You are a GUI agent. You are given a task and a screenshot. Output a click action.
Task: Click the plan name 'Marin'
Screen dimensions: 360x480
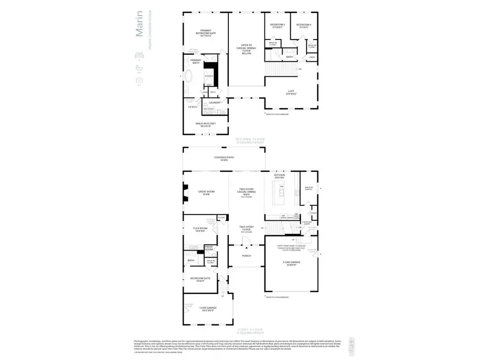[139, 23]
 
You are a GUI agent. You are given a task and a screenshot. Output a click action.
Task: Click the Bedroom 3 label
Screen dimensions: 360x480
[277, 26]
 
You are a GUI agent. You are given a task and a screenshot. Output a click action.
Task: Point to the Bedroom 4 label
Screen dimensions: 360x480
[303, 26]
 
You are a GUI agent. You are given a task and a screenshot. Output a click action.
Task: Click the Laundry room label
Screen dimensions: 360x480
[214, 102]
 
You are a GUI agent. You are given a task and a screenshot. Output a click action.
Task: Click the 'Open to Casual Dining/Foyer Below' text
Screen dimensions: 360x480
[246, 50]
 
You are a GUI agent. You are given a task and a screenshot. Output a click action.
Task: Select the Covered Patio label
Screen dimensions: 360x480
[224, 158]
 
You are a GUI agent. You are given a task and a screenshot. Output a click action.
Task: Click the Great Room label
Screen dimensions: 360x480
[205, 193]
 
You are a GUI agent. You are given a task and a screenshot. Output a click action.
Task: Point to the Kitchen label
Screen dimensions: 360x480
[279, 176]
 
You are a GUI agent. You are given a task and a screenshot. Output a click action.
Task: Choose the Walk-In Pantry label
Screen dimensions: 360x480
[308, 188]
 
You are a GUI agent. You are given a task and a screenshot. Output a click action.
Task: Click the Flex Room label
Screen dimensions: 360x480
[199, 229]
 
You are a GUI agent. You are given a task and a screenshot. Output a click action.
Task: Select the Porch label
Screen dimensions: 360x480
[246, 256]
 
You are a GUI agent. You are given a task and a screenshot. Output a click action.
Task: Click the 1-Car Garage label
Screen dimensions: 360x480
[207, 309]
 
